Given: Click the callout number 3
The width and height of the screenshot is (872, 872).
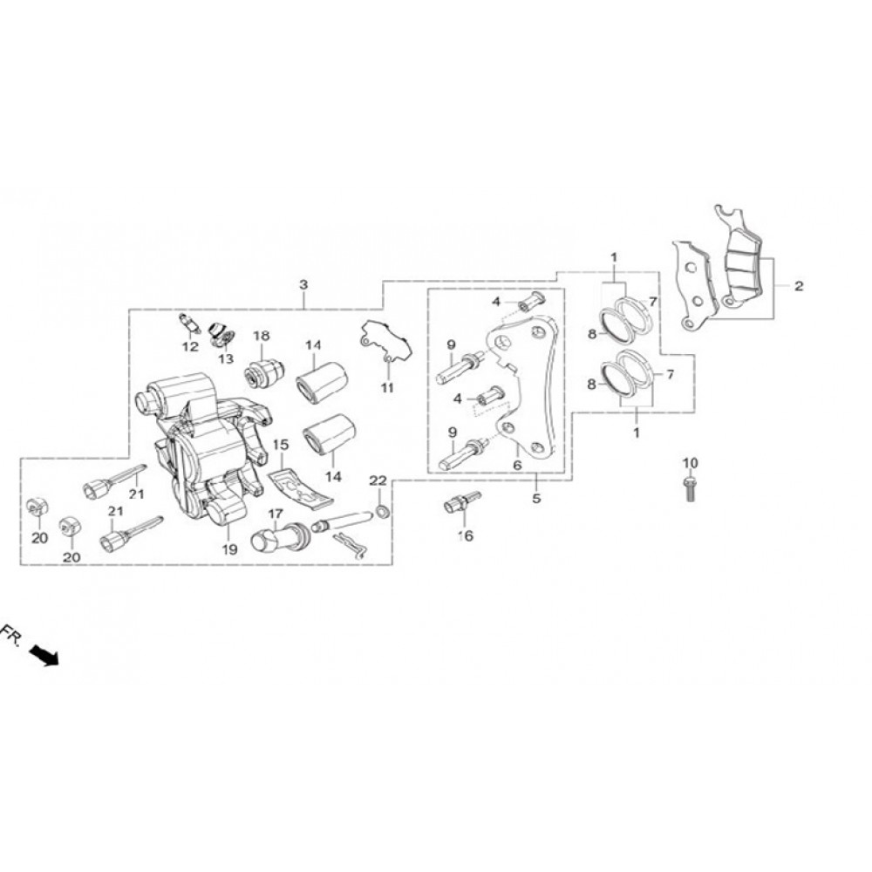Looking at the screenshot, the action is (x=303, y=285).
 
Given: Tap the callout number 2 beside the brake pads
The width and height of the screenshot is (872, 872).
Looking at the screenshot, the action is (x=799, y=286).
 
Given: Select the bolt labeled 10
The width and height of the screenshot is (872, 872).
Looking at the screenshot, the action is (x=690, y=487).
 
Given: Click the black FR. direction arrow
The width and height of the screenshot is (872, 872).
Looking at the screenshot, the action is (x=44, y=655).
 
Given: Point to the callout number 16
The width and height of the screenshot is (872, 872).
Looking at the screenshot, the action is (x=466, y=535).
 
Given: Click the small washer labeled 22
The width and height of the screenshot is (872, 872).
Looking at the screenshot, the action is (x=382, y=510).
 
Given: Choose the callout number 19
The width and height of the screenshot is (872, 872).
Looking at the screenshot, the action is (x=229, y=549).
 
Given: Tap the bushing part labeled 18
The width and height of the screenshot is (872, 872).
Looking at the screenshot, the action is (x=265, y=373).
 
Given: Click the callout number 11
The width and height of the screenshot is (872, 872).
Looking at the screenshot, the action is (x=387, y=388).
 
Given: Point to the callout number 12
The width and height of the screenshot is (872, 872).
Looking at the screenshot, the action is (x=190, y=346).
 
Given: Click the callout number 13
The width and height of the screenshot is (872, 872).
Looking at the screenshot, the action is (x=226, y=358).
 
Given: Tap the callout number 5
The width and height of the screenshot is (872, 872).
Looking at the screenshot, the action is (x=536, y=498).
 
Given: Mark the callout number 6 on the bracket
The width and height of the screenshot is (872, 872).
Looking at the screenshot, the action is (x=517, y=465).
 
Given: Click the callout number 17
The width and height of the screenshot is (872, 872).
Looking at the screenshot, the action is (x=276, y=514).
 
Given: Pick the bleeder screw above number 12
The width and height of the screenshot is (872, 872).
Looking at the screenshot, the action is (x=189, y=324).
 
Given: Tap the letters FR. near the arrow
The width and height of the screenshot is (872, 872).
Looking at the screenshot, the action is (x=11, y=635).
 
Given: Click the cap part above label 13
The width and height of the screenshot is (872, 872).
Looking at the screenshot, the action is (x=221, y=334).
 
